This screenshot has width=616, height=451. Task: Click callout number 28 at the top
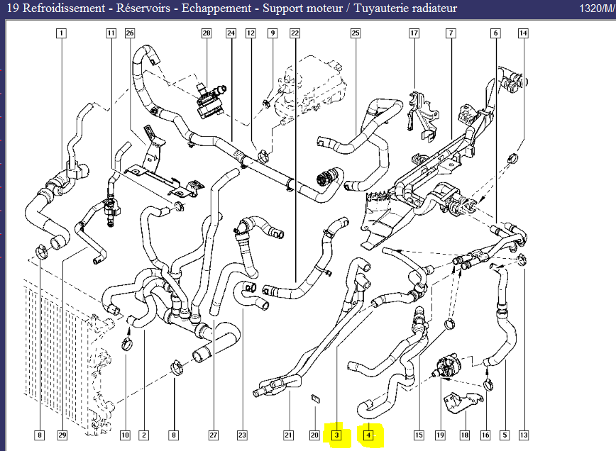point(207,33)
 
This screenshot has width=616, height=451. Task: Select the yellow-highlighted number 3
point(337,435)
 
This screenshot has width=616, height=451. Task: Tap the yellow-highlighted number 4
point(369,435)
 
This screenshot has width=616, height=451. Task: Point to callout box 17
point(414,33)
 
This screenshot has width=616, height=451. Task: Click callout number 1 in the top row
point(62,33)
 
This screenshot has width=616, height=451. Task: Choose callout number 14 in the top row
point(523,33)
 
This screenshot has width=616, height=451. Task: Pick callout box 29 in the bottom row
point(62,435)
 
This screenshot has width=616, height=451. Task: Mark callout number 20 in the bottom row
point(314,435)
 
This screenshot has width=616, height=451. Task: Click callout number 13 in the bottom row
point(524,435)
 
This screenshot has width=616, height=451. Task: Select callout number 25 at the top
point(356,33)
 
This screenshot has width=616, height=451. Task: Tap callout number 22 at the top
point(295,33)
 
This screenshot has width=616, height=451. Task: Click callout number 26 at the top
point(129,33)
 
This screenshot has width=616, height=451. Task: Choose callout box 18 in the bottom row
point(465,435)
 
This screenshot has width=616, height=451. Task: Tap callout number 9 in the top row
point(272,33)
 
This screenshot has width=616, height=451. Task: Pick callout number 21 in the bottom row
point(288,435)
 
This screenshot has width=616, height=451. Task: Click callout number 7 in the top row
point(450,33)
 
